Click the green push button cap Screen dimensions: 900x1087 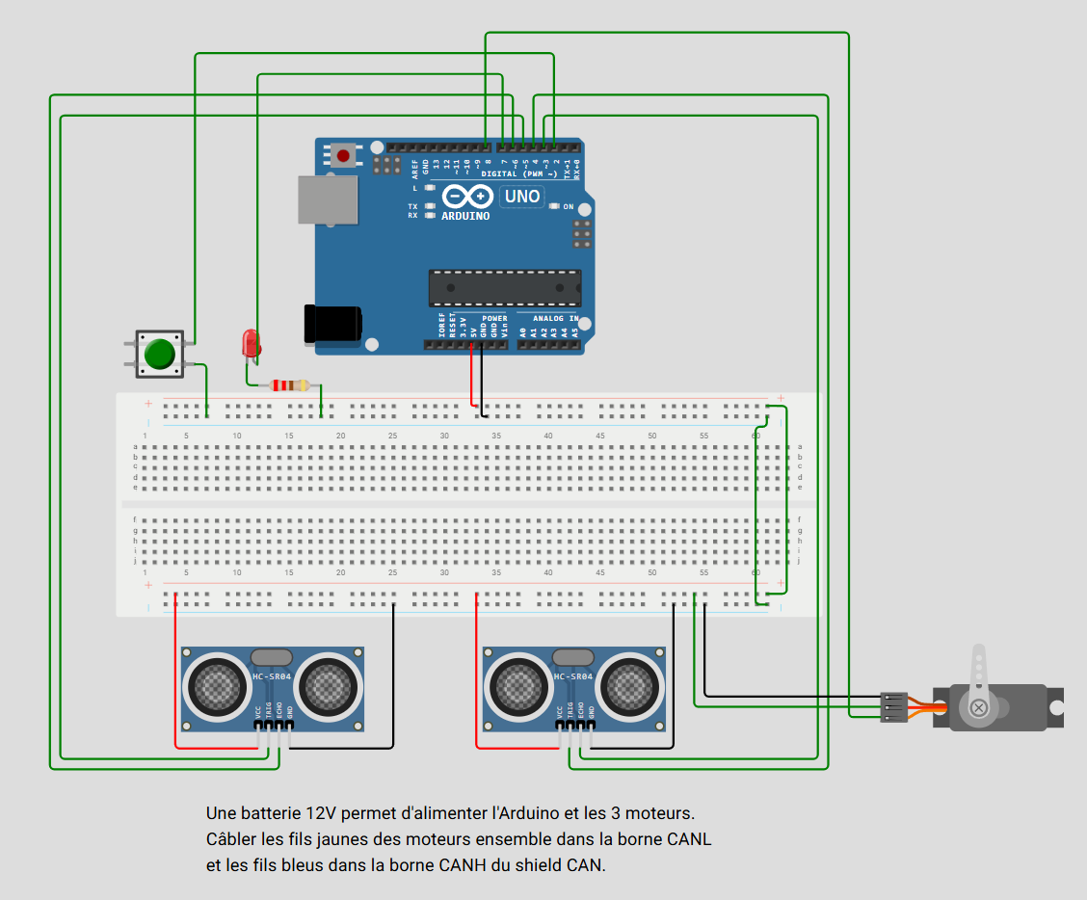coord(160,355)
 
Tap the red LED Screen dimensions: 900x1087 coord(251,342)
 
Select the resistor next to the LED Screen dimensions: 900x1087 coord(290,385)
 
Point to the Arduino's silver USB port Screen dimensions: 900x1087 coord(326,200)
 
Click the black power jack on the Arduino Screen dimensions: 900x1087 coord(332,325)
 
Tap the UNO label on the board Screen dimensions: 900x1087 coord(522,197)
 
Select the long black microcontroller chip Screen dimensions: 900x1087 coord(505,287)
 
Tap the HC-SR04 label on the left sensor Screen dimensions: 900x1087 coord(272,676)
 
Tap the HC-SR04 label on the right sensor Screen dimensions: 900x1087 coord(573,676)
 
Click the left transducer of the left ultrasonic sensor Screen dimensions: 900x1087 coord(223,685)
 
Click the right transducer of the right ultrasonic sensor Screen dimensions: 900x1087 coord(633,685)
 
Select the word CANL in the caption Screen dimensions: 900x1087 coord(689,838)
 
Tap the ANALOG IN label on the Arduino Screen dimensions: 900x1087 coord(556,318)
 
